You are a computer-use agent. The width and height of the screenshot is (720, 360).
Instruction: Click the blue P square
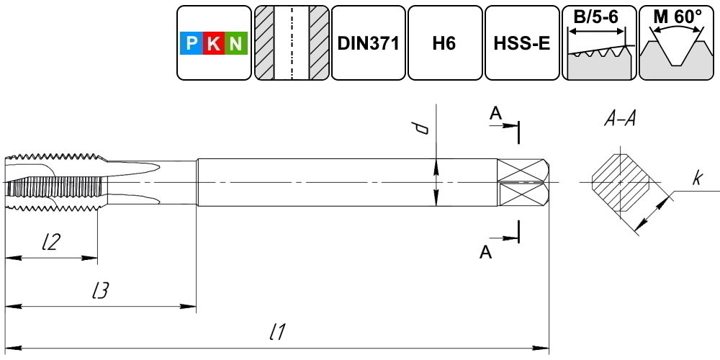[x=192, y=43]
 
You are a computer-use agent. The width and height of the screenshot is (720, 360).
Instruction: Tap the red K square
[x=214, y=43]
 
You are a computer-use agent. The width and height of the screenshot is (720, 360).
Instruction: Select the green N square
[x=236, y=43]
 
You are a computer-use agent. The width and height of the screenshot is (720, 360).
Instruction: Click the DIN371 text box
[x=368, y=43]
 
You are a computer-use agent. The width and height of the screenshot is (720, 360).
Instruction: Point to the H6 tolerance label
[x=444, y=43]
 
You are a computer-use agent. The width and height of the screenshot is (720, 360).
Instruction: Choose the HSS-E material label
[x=522, y=43]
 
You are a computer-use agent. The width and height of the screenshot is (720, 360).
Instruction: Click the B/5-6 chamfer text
[x=596, y=17]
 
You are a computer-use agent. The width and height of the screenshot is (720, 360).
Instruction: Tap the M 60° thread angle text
[x=678, y=17]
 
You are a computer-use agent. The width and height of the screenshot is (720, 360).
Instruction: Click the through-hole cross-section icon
[x=292, y=42]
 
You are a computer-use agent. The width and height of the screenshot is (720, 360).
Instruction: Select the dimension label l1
[x=278, y=331]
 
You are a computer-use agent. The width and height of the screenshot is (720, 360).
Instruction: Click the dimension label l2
[x=50, y=243]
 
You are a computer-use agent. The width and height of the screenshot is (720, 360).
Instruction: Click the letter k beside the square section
[x=698, y=179]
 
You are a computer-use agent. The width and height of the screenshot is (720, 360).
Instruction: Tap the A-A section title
[x=619, y=120]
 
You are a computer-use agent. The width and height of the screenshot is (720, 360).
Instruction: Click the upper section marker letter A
[x=495, y=114]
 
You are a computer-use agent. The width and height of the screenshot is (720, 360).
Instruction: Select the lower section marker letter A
[x=486, y=252]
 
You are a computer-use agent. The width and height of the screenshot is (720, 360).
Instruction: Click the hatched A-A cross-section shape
[x=621, y=182]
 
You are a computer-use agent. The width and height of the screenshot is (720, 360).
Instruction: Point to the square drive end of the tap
[x=523, y=182]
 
